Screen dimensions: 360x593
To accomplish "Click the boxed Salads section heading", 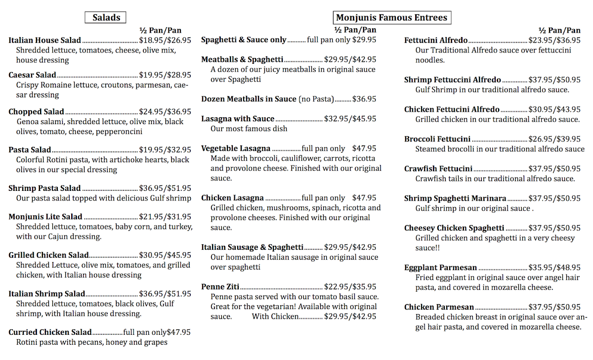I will (x=106, y=18).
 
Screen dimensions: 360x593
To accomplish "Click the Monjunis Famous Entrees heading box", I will (x=391, y=18).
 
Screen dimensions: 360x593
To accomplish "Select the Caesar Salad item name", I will (x=32, y=75).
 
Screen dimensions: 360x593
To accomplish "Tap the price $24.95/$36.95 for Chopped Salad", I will (x=165, y=112).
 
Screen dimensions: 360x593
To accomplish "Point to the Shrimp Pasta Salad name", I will (x=44, y=188).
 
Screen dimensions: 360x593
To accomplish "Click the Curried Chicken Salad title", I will (x=50, y=332).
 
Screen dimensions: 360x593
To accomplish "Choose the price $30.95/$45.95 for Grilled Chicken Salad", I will (x=165, y=255).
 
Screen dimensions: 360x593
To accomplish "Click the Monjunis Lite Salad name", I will (x=45, y=217).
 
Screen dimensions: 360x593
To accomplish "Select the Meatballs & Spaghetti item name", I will (x=242, y=59).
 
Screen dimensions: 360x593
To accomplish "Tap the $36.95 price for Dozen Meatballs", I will (x=364, y=99).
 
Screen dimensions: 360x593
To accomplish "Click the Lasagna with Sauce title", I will (x=238, y=119).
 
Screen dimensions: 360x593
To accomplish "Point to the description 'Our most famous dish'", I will (x=249, y=129).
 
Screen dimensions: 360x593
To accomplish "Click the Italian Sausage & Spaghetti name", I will (x=252, y=247).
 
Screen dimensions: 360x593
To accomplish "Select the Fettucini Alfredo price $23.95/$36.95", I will (x=554, y=41).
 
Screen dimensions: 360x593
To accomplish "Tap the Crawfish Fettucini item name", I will (x=438, y=169).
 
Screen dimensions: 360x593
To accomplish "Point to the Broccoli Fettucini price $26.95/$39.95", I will (x=554, y=139).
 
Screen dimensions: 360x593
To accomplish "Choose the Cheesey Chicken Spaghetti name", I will (x=454, y=228).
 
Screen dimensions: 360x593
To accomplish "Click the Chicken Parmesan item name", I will (x=439, y=307).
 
